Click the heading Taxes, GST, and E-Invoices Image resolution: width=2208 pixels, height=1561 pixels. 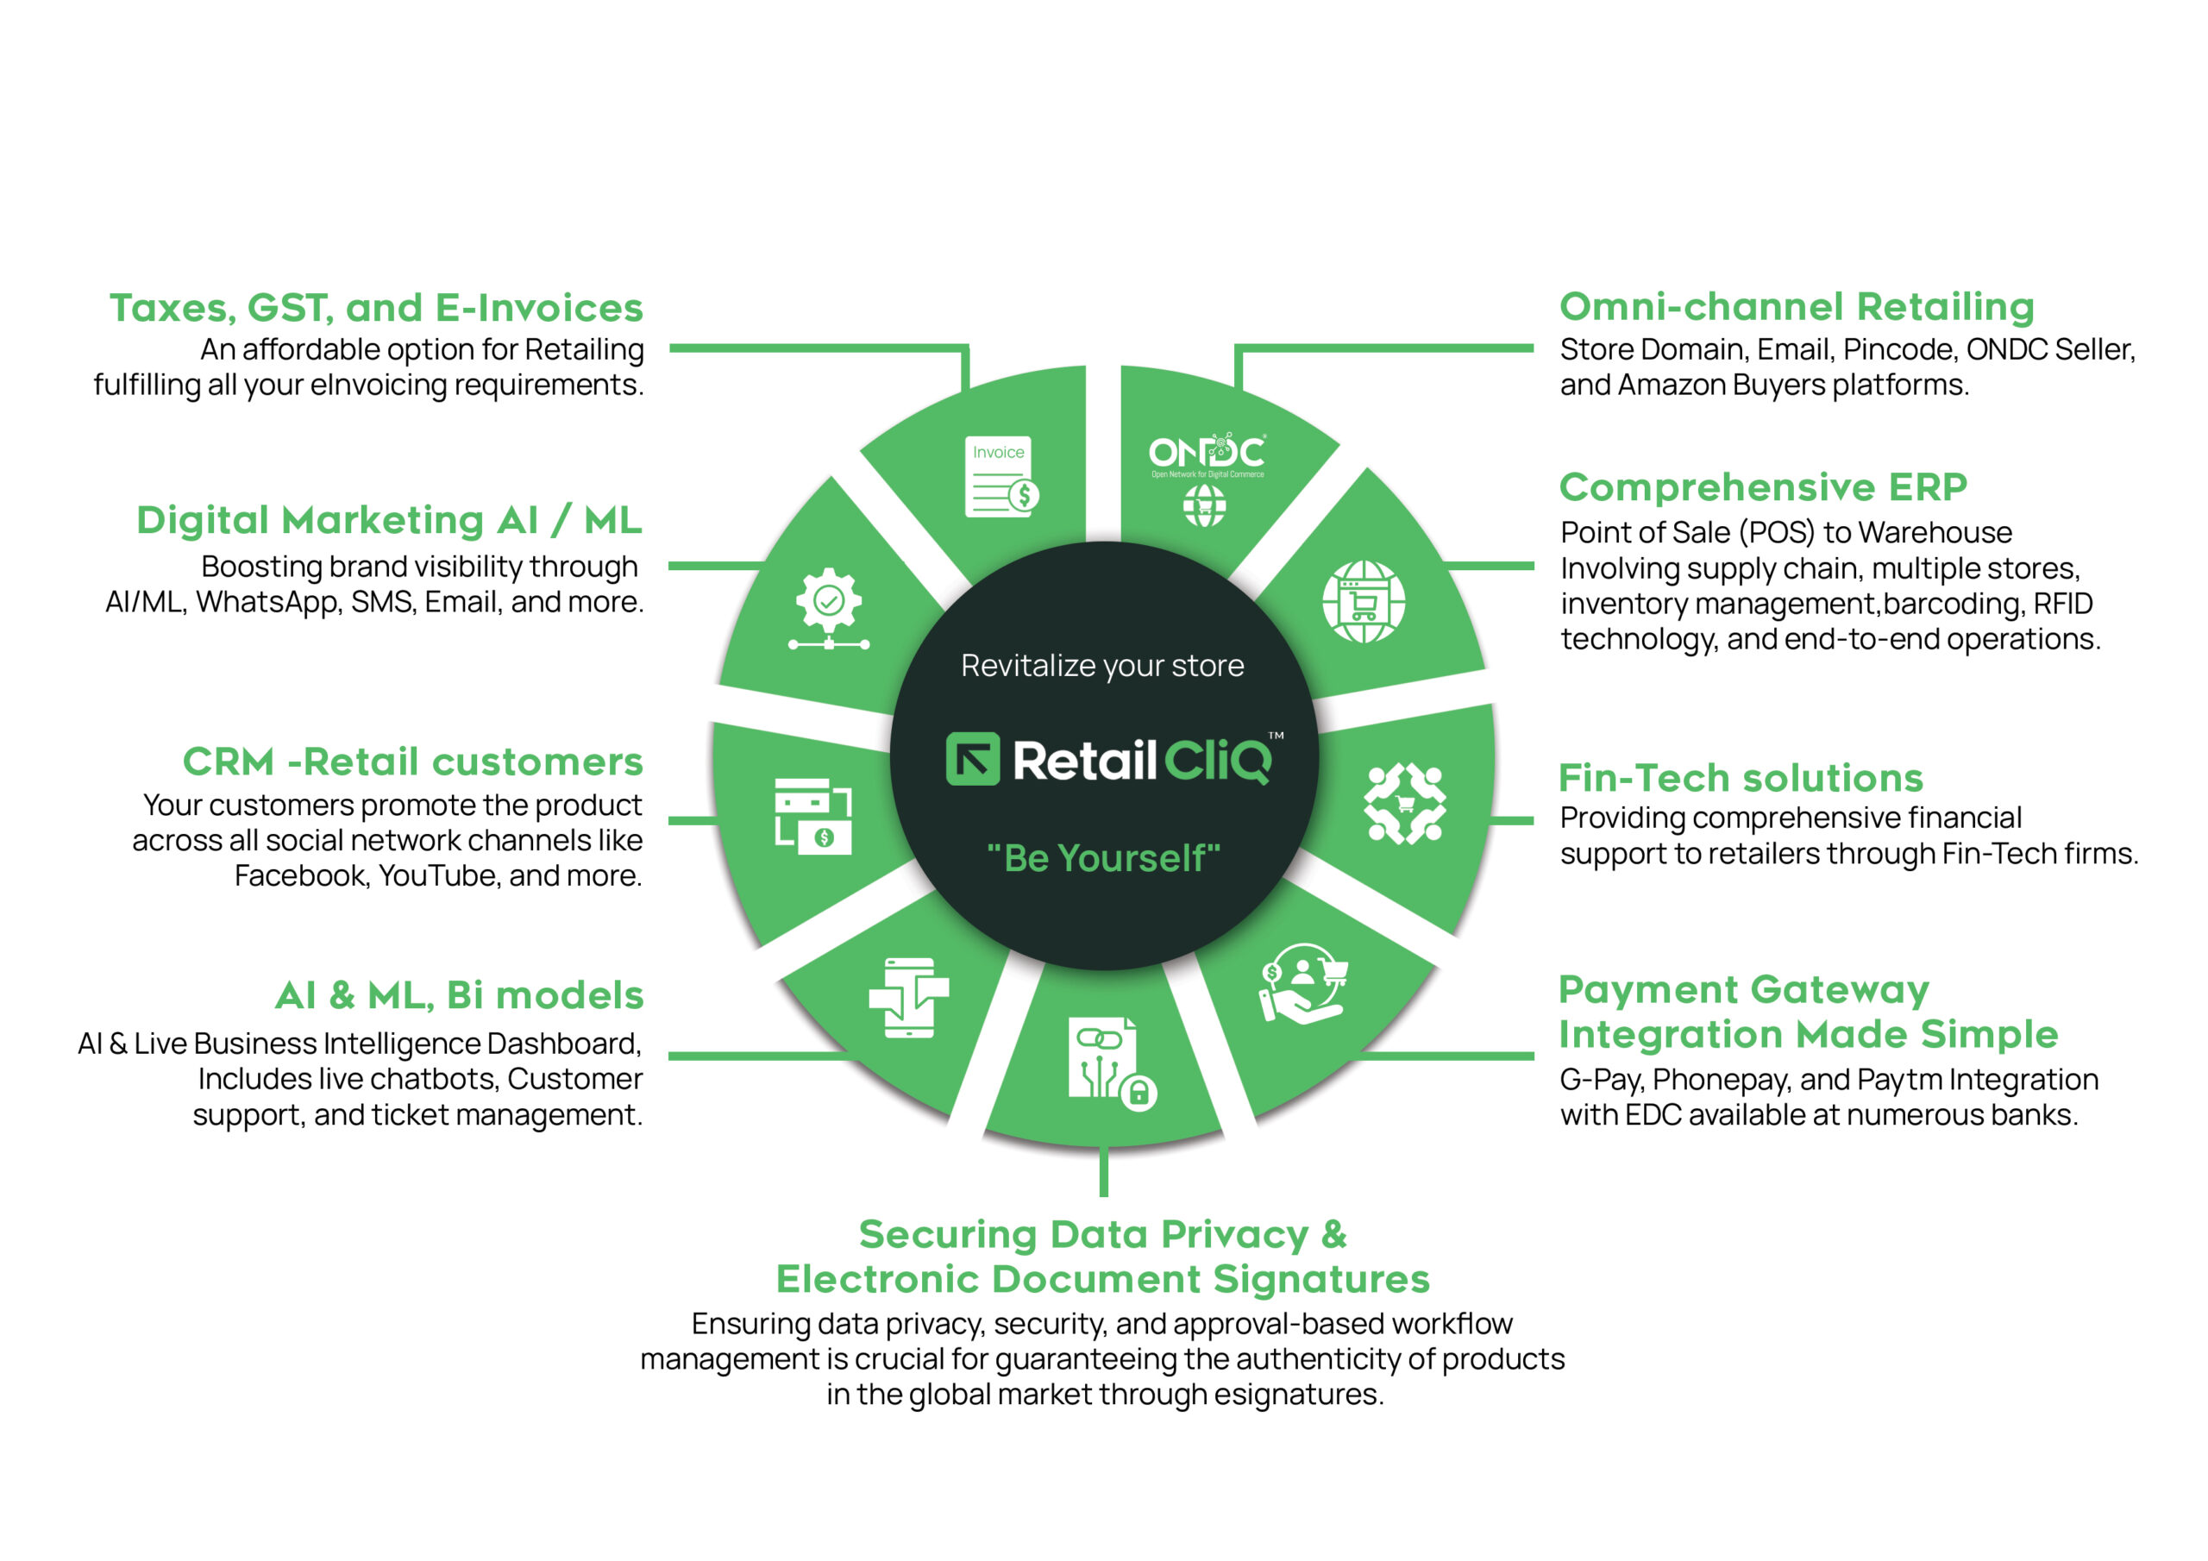point(376,308)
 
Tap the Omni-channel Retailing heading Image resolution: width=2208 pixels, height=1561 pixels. point(1797,308)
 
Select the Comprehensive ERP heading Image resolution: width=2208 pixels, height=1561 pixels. point(1763,486)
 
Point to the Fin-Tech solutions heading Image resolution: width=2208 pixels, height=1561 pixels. point(1741,777)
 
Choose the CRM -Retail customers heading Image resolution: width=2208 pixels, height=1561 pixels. point(412,762)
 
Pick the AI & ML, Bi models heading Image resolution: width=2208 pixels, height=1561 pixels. point(459,994)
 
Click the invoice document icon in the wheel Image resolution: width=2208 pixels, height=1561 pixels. point(1001,477)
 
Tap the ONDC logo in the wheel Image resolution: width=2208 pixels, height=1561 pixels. point(1207,455)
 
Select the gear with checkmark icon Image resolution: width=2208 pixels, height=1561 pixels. point(829,609)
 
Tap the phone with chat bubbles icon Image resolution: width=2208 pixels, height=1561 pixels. point(909,997)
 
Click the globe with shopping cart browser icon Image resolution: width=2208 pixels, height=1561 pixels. point(1364,602)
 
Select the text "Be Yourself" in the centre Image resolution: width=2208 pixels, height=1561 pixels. point(1104,858)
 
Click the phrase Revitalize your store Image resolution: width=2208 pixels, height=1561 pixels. point(1102,666)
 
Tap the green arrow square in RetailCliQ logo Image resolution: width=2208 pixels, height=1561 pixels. point(972,759)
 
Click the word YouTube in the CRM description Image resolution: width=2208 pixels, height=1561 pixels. point(438,876)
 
